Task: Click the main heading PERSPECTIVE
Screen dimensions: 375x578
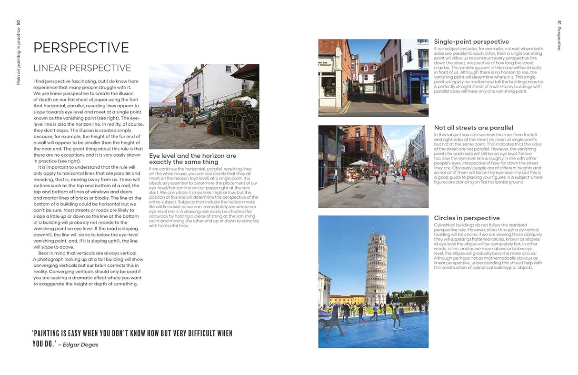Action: [x=81, y=48]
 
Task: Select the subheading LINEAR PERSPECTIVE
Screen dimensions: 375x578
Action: [x=82, y=68]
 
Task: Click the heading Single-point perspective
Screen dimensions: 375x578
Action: [x=471, y=42]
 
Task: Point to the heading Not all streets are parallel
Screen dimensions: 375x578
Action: [x=473, y=128]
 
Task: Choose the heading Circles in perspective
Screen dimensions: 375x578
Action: [x=467, y=218]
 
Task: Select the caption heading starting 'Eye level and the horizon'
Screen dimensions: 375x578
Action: [x=193, y=159]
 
